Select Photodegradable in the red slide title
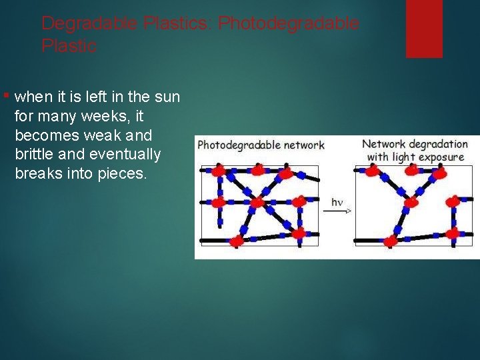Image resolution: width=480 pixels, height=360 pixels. tap(289, 23)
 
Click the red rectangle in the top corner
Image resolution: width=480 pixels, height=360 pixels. tap(424, 28)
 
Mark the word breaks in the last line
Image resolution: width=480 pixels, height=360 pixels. tap(38, 175)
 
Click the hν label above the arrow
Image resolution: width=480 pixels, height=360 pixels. tap(337, 201)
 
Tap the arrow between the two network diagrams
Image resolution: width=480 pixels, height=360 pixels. tap(337, 211)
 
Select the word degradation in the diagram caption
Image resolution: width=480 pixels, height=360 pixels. tap(438, 143)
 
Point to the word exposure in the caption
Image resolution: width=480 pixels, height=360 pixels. tap(441, 157)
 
